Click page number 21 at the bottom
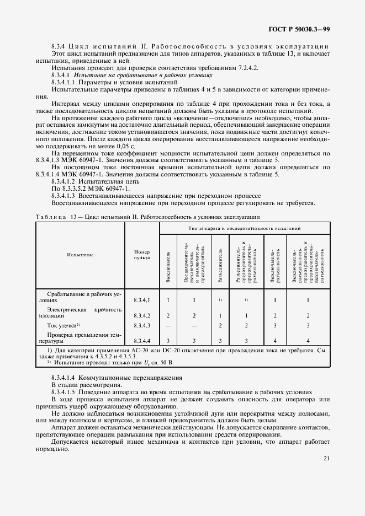325,458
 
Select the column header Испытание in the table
81,255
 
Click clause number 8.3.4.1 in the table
141,300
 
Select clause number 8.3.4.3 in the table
141,326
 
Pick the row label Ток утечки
64,326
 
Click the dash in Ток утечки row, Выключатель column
167,326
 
